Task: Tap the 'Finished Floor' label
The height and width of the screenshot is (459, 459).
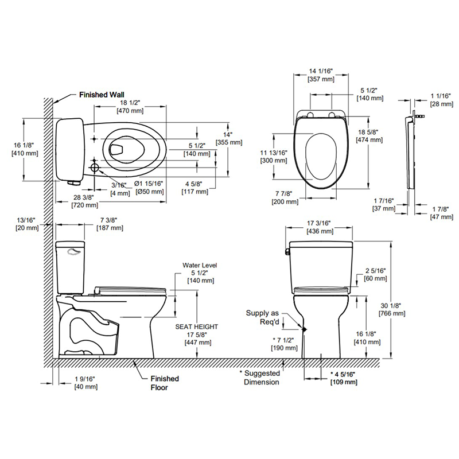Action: (165, 383)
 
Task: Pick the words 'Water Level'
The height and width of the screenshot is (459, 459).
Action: (199, 265)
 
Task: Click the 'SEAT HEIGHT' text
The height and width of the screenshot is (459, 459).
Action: (196, 326)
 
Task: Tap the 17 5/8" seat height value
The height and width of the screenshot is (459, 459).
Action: (196, 334)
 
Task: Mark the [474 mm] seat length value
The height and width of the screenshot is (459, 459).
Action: (367, 139)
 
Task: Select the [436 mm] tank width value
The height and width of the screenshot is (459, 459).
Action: (320, 231)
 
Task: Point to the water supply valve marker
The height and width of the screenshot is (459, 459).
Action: (304, 329)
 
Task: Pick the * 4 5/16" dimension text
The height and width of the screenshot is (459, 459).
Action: (344, 374)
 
